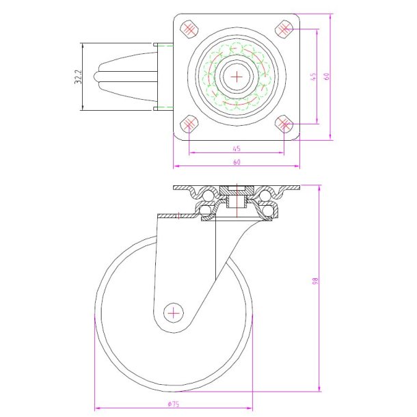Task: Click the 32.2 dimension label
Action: click(x=79, y=77)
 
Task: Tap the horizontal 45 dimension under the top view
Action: click(x=237, y=148)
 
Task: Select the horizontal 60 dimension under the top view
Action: click(x=237, y=163)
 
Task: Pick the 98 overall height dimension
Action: click(x=315, y=280)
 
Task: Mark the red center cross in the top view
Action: click(x=237, y=77)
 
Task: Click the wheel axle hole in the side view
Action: click(x=175, y=313)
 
